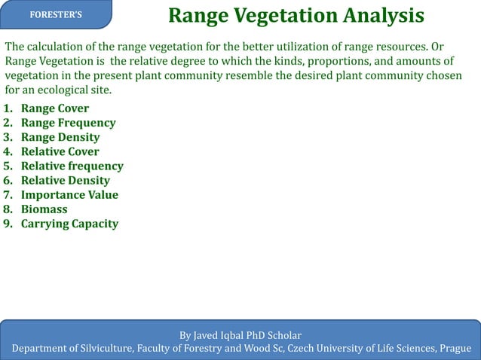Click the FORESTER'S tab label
57,15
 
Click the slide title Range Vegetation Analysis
296,15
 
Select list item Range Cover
54,108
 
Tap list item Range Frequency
68,123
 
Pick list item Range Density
60,137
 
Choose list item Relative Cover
60,151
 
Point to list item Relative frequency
72,166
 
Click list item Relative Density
65,180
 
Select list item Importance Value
69,194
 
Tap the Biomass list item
44,209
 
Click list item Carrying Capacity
69,224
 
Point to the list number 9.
8,224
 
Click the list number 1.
8,108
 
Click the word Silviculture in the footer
102,348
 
